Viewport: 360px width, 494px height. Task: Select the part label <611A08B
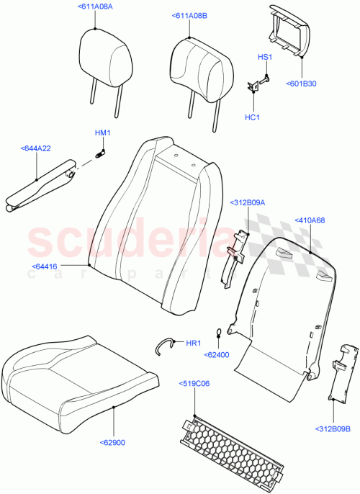pyautogui.click(x=189, y=15)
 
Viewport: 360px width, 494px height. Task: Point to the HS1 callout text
pyautogui.click(x=265, y=57)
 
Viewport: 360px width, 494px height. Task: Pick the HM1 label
pyautogui.click(x=103, y=133)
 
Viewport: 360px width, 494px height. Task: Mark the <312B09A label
pyautogui.click(x=248, y=202)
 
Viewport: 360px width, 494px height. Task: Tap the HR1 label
pyautogui.click(x=193, y=343)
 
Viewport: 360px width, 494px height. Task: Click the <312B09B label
pyautogui.click(x=332, y=449)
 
